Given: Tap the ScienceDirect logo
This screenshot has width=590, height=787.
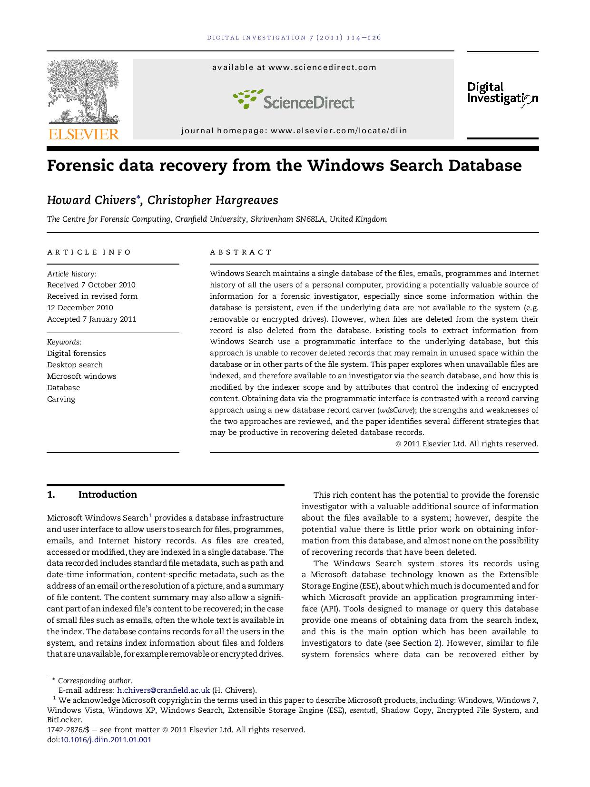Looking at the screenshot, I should tap(294, 99).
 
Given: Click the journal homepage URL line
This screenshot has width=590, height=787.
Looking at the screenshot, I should tap(294, 131).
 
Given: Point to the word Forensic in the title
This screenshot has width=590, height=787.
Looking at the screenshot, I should tap(79, 166).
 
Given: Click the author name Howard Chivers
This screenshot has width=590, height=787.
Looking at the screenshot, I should tap(91, 200).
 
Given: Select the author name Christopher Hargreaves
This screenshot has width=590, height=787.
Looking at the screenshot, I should tap(213, 200).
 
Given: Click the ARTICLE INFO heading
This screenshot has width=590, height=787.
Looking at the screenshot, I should tap(89, 252).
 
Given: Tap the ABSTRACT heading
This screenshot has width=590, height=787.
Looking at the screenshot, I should tap(241, 252).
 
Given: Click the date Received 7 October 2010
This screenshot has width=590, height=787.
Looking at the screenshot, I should tap(91, 285).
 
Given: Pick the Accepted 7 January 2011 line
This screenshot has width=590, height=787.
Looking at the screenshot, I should tap(91, 319).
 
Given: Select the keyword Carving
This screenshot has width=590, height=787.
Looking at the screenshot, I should tap(61, 399).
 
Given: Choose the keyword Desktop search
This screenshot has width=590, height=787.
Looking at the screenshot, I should tap(75, 365).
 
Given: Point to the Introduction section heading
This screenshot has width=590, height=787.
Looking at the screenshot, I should tap(107, 495).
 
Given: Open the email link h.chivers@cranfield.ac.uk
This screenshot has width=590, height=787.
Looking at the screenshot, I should tap(163, 690).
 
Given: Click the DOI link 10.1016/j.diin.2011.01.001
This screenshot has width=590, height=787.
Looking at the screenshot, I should tap(106, 740).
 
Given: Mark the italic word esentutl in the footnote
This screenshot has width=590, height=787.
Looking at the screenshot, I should tap(363, 710).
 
